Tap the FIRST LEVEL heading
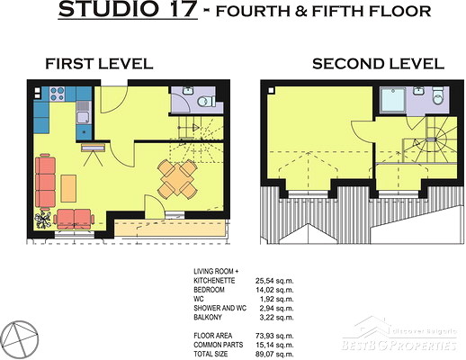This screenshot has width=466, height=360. (x=99, y=64)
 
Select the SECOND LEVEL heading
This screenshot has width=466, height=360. (x=378, y=64)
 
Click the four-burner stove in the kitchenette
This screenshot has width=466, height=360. (x=57, y=94)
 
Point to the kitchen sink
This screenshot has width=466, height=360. (x=84, y=112)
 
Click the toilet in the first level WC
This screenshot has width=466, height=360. (x=206, y=101)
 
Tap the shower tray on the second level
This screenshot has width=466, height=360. (x=393, y=100)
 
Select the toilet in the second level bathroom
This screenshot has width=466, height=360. (x=438, y=96)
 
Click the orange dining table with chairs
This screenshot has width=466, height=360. (x=177, y=179)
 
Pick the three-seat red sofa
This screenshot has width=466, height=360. (x=45, y=182)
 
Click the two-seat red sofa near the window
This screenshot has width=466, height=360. (x=74, y=219)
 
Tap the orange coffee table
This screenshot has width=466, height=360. (x=68, y=189)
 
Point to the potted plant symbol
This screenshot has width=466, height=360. (x=43, y=220)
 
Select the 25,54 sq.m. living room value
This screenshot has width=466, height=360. (x=274, y=281)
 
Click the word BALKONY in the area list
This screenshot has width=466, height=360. (x=208, y=318)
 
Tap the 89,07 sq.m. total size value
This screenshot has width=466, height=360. (x=274, y=355)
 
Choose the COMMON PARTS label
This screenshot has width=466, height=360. (x=219, y=345)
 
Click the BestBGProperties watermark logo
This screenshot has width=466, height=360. (x=399, y=334)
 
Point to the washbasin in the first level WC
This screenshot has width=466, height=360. (x=188, y=91)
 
